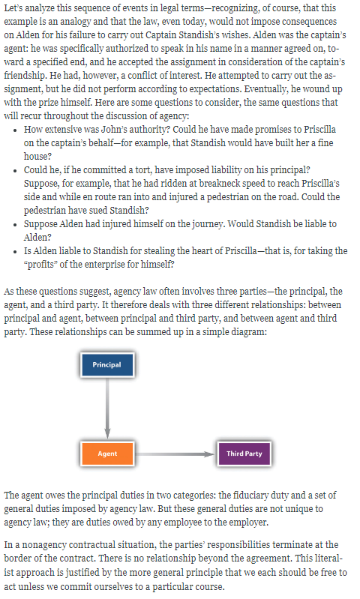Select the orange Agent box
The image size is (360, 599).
107,454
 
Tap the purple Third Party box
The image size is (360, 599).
244,454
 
